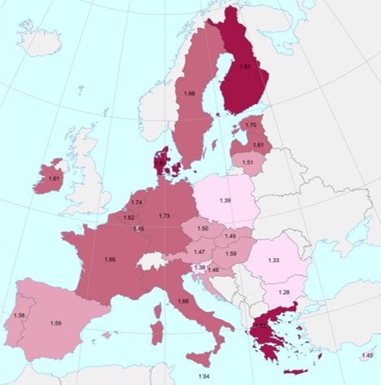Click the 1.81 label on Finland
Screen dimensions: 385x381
click(246, 66)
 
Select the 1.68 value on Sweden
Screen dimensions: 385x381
click(190, 94)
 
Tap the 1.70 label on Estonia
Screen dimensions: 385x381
click(251, 125)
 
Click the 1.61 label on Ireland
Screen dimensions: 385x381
click(54, 178)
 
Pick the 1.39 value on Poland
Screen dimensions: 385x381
click(224, 200)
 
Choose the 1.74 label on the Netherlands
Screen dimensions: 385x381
click(137, 203)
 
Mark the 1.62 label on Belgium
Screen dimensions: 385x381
click(129, 217)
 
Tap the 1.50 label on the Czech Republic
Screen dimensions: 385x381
click(203, 230)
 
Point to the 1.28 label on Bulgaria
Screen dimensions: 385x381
click(284, 292)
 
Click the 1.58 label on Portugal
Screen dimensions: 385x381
click(19, 315)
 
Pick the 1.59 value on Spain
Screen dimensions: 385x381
click(56, 324)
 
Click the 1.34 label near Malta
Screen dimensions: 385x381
click(203, 376)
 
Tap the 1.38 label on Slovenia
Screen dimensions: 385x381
click(199, 268)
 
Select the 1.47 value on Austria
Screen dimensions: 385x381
click(198, 253)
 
